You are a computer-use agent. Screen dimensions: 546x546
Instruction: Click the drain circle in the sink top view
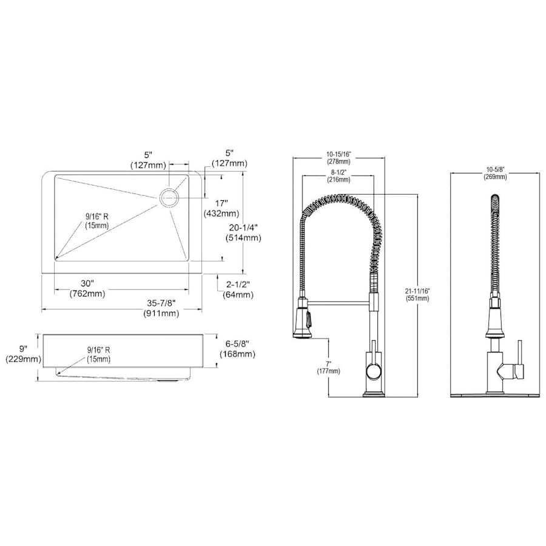pyautogui.click(x=169, y=198)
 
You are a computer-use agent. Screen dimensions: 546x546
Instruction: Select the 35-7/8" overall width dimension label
pyautogui.click(x=161, y=308)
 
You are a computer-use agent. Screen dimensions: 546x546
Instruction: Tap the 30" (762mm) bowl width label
pyautogui.click(x=87, y=288)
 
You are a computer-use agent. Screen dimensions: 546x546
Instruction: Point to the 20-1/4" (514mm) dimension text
pyautogui.click(x=243, y=232)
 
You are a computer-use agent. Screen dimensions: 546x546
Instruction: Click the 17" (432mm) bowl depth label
pyautogui.click(x=221, y=208)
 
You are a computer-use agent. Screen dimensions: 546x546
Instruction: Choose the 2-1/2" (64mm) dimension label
pyautogui.click(x=238, y=290)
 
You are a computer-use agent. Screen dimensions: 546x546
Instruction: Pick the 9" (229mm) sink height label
pyautogui.click(x=23, y=354)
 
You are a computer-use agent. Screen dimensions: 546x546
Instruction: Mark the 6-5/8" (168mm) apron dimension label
pyautogui.click(x=237, y=349)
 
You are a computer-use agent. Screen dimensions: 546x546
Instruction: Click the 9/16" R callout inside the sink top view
pyautogui.click(x=97, y=221)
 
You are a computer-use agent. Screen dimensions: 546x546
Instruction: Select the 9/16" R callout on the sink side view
pyautogui.click(x=98, y=354)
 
